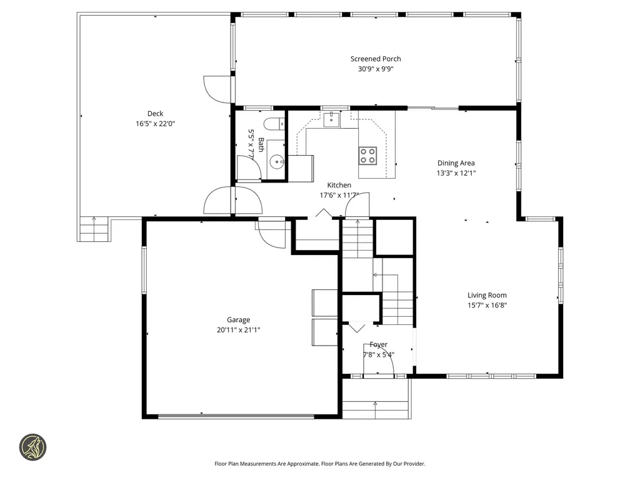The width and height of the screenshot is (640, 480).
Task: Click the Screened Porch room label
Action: coord(376,59)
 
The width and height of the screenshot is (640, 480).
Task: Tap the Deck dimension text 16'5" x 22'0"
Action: coord(155,124)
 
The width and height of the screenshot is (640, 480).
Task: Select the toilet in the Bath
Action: coord(274,123)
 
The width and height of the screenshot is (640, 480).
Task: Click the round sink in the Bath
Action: coord(277,162)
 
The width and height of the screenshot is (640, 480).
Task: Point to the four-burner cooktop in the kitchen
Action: coord(367,156)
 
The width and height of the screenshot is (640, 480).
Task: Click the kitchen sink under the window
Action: coord(331,119)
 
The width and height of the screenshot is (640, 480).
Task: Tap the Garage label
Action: coord(238,320)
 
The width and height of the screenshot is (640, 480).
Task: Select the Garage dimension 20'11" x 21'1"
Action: coord(238,330)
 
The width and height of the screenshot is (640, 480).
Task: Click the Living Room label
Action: coord(487,295)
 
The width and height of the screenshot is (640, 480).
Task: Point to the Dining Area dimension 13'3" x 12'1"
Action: coord(456,173)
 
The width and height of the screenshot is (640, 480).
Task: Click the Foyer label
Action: coord(379,344)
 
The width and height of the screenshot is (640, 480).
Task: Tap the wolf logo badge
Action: coord(33,447)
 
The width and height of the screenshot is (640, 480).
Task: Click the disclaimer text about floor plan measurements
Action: coord(319,464)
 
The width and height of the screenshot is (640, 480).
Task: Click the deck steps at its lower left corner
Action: coord(94,229)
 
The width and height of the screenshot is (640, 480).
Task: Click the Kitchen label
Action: coord(339,185)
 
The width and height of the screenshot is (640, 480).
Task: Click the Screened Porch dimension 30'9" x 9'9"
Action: coord(376,69)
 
